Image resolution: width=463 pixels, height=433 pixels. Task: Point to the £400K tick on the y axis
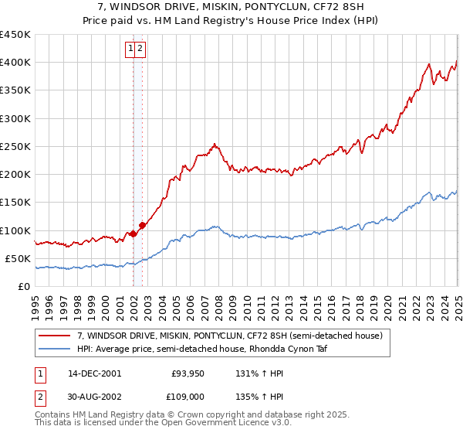pos(15,63)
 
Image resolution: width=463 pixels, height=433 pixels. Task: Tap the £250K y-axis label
pos(15,146)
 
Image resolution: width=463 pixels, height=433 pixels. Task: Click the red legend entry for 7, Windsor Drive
pos(229,336)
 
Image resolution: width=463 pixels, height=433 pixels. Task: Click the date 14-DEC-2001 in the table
pos(94,373)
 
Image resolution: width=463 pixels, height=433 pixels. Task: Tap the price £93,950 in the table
pos(188,373)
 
